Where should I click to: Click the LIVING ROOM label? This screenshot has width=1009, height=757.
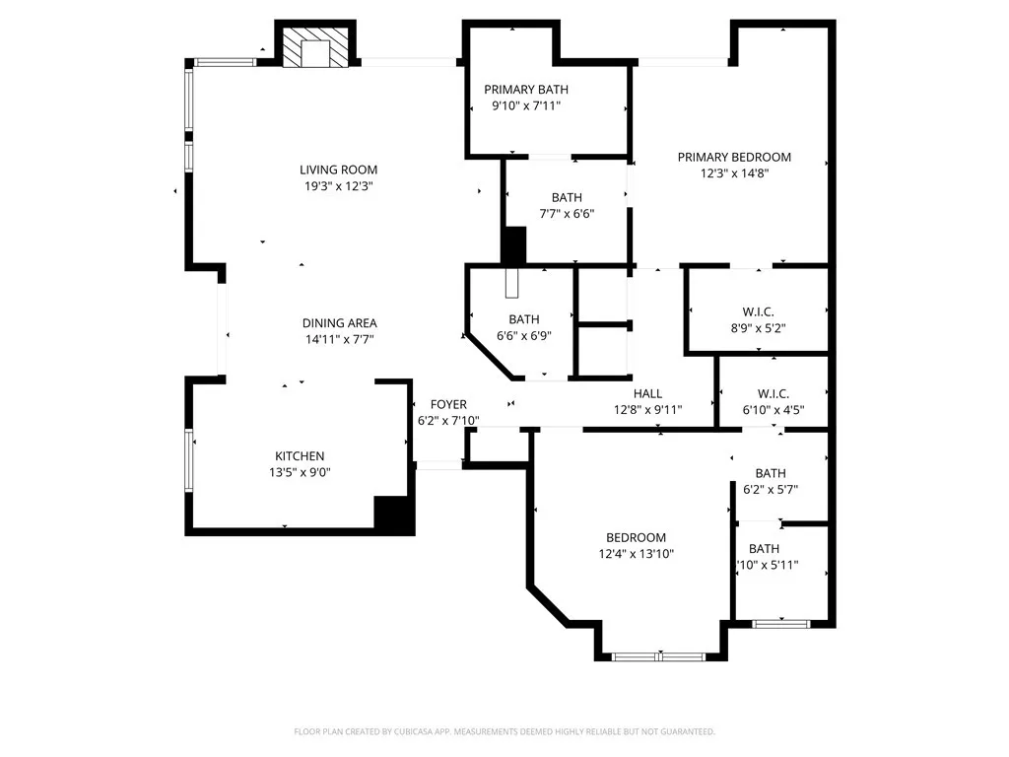[339, 170]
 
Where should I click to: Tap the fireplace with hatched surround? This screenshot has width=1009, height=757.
[316, 46]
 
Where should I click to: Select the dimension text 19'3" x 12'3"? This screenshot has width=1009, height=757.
[339, 186]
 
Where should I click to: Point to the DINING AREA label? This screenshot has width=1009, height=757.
[340, 323]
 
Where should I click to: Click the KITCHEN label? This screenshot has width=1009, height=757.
[300, 455]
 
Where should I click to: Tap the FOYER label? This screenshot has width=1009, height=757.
[448, 404]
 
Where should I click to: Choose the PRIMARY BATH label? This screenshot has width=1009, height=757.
[526, 90]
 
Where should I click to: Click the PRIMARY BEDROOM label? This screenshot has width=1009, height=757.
[734, 157]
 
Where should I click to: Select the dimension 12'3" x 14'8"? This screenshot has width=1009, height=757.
[735, 173]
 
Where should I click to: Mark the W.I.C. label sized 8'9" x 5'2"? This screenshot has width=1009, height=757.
[758, 312]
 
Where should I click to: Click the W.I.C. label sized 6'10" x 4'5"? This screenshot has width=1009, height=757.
[774, 394]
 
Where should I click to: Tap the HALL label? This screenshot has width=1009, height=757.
[648, 394]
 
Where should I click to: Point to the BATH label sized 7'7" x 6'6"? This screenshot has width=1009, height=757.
[567, 197]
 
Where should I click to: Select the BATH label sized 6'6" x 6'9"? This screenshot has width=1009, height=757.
[524, 319]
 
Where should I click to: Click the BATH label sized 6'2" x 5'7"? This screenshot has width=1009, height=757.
[771, 473]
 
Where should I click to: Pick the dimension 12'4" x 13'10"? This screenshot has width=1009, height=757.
[637, 554]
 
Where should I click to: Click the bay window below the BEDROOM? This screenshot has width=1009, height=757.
[658, 656]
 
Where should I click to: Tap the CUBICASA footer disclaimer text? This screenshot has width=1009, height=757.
[504, 732]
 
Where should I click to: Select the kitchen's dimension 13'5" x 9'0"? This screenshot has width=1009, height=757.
[300, 472]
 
